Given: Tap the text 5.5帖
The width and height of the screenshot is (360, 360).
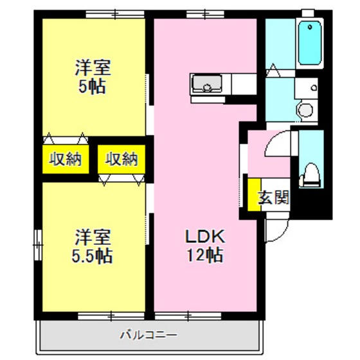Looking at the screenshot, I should (92, 256).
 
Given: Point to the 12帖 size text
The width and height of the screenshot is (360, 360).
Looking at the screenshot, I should (205, 255).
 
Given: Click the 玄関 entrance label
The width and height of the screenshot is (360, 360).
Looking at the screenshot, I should (273, 197).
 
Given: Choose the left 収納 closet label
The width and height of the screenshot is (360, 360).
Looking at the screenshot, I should (66, 159).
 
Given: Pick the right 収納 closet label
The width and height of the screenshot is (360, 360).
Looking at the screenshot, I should (122, 159).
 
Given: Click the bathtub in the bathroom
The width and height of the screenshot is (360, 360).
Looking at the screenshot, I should (310, 43).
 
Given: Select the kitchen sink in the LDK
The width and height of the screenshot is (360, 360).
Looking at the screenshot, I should (207, 84).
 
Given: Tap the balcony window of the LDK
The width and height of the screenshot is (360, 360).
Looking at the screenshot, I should (187, 315).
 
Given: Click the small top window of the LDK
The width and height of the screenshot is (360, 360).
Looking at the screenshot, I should (196, 14).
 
